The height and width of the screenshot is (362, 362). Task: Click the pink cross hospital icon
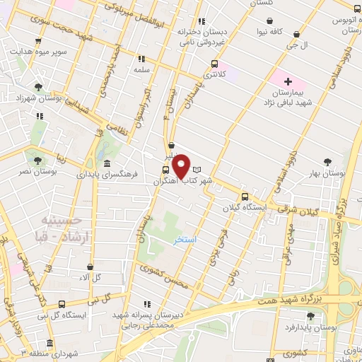(288, 82)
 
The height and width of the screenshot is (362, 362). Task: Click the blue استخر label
(185, 240)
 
